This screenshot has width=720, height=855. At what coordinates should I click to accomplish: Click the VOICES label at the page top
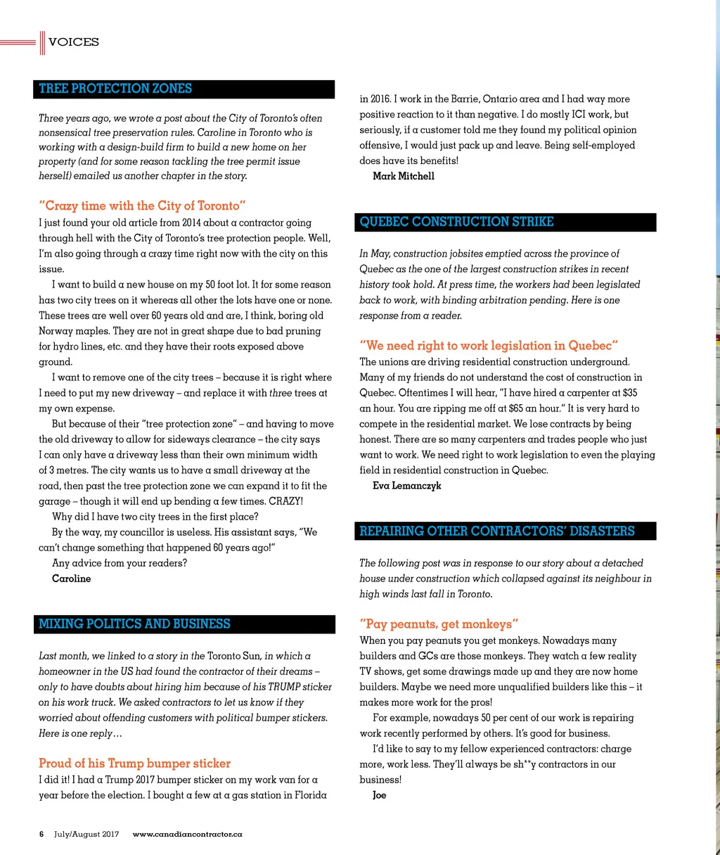74,42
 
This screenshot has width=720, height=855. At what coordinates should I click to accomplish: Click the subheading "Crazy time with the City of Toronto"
142,206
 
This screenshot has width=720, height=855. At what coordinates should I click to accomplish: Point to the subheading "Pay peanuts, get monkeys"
439,624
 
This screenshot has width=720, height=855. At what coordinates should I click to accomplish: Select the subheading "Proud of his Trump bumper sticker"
134,764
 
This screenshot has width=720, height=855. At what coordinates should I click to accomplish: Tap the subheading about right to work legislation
489,346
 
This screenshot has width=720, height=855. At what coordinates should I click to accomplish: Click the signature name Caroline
71,579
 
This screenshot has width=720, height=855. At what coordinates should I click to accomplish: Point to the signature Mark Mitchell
404,176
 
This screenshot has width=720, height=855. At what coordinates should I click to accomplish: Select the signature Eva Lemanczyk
407,486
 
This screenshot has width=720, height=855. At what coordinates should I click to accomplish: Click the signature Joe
380,795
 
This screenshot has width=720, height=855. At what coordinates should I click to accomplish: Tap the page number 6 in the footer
41,835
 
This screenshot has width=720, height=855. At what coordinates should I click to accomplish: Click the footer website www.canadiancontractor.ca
187,835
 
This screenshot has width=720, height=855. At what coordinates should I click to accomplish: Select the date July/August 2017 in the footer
86,835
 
